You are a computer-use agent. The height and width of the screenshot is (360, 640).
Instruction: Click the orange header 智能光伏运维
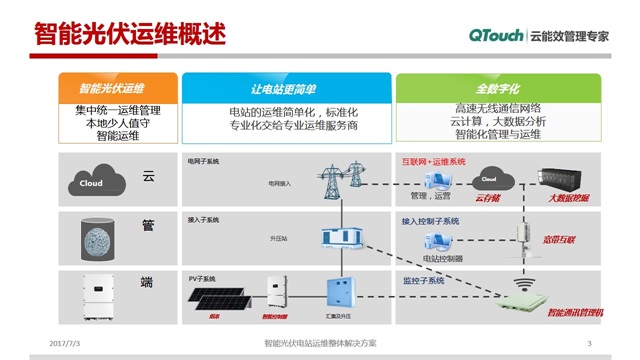pyautogui.click(x=111, y=88)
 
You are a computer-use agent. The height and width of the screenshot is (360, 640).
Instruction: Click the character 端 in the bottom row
pyautogui.click(x=149, y=282)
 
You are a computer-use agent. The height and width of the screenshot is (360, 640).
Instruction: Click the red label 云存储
pyautogui.click(x=489, y=200)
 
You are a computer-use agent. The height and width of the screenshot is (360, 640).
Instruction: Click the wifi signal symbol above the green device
pyautogui.click(x=519, y=271)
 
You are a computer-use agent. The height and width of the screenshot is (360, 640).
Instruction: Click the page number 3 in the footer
pyautogui.click(x=588, y=344)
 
